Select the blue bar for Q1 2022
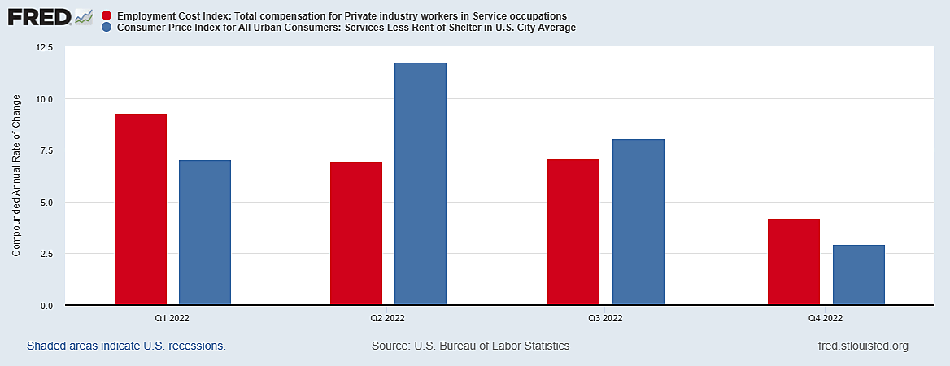click(205, 233)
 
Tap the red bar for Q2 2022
click(356, 233)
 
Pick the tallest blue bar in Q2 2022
click(421, 184)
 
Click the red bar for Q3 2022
click(573, 232)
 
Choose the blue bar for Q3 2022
click(638, 222)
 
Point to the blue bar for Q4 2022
click(859, 275)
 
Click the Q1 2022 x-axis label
click(172, 318)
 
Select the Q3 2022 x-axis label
click(605, 318)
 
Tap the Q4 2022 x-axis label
click(826, 318)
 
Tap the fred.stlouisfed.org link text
click(863, 346)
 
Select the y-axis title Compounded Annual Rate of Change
click(16, 176)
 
